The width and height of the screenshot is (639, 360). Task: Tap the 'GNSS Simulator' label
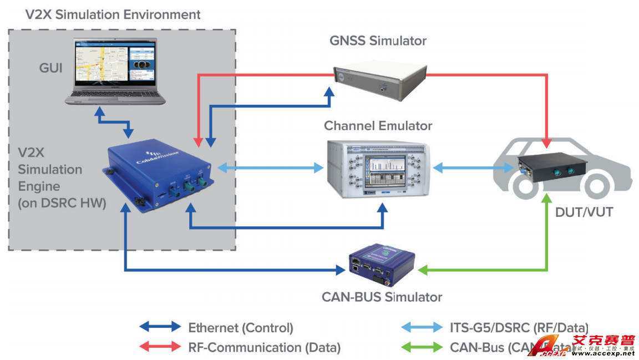[x=378, y=40]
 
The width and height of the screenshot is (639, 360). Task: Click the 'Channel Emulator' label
[x=378, y=126]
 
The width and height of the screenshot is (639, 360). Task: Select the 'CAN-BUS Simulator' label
[x=382, y=297]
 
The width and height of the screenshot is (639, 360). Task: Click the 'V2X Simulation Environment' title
[x=113, y=14]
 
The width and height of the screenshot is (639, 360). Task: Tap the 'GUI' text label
[x=50, y=68]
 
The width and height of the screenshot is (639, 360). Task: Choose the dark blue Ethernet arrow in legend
[x=160, y=327]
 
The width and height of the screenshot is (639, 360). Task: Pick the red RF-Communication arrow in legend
[x=160, y=347]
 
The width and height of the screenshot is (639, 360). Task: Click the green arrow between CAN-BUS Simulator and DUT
[x=488, y=270]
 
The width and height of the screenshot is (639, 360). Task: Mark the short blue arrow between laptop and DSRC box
[x=114, y=123]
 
